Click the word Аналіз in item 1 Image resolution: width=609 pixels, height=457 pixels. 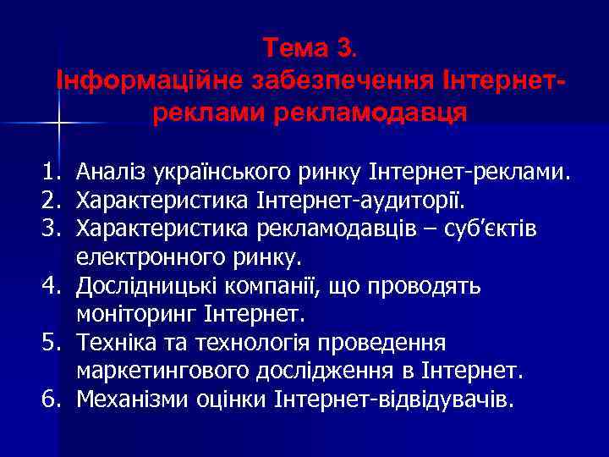tap(112, 174)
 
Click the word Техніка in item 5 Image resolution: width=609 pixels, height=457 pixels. tap(112, 342)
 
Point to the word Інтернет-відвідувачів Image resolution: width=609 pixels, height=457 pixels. tap(393, 399)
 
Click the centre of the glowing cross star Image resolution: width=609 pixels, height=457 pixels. tap(58, 124)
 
